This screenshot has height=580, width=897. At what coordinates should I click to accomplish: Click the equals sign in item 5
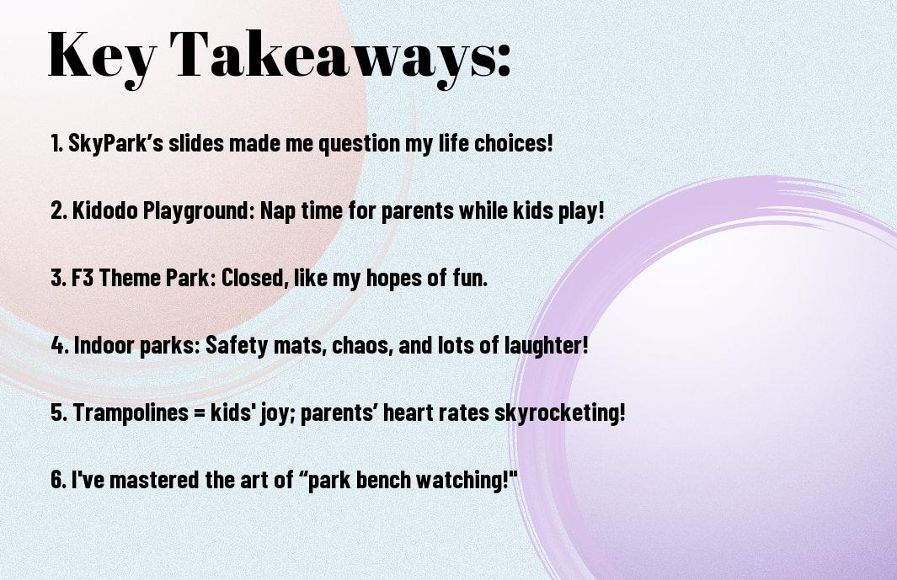pyautogui.click(x=200, y=413)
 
